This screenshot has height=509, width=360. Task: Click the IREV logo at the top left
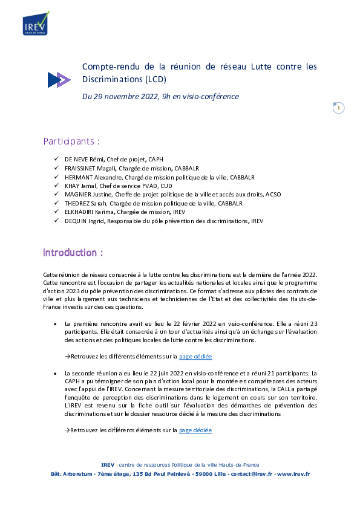36,24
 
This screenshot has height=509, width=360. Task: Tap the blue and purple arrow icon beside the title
59,80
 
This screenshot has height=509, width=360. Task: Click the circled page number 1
339,108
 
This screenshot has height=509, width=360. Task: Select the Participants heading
71,141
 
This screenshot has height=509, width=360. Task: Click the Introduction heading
73,253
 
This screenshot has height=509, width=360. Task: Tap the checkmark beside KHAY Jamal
56,186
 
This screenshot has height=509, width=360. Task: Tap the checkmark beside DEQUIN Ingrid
56,221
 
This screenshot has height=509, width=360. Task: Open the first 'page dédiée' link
195,357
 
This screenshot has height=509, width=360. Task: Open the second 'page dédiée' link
195,430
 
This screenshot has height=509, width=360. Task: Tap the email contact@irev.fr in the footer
252,474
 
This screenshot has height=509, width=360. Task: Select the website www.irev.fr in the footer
293,474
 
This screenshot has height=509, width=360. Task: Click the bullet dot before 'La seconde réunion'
55,374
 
